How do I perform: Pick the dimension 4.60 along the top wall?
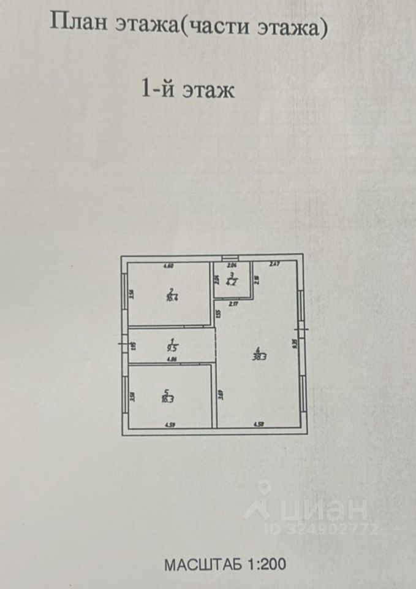[168, 266]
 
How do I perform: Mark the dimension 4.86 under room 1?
[173, 360]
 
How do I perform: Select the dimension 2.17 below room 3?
[233, 303]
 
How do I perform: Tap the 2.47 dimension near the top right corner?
[274, 264]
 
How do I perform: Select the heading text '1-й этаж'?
[188, 91]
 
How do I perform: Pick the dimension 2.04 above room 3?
[232, 266]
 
